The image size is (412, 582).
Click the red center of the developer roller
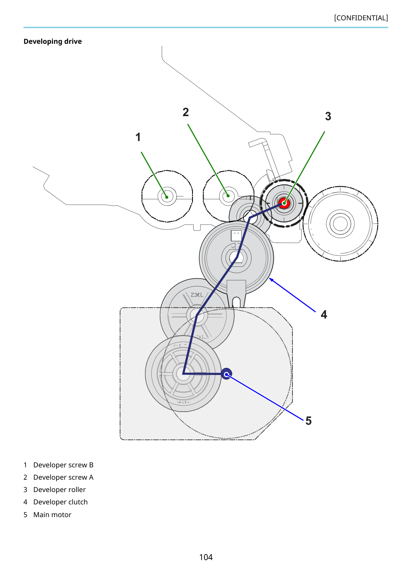[284, 203]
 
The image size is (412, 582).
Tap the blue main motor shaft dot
[226, 374]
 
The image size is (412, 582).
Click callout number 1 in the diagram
[138, 137]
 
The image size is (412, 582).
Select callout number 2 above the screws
[185, 112]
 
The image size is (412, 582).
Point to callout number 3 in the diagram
[328, 116]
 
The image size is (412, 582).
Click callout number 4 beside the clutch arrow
[324, 314]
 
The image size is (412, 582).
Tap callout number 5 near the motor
[308, 421]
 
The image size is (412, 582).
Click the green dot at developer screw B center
[167, 197]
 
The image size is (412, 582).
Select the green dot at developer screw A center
[228, 195]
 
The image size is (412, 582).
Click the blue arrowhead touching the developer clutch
[271, 279]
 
